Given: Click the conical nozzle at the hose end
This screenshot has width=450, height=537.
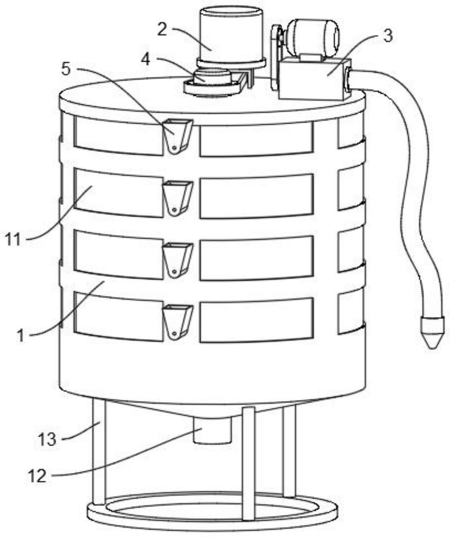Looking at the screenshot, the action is pyautogui.click(x=433, y=333).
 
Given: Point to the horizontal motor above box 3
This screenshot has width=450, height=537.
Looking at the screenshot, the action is pyautogui.click(x=313, y=39).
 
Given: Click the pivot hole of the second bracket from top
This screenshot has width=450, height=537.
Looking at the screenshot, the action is pyautogui.click(x=174, y=210).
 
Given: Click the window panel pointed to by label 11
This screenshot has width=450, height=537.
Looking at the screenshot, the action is pyautogui.click(x=119, y=192).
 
